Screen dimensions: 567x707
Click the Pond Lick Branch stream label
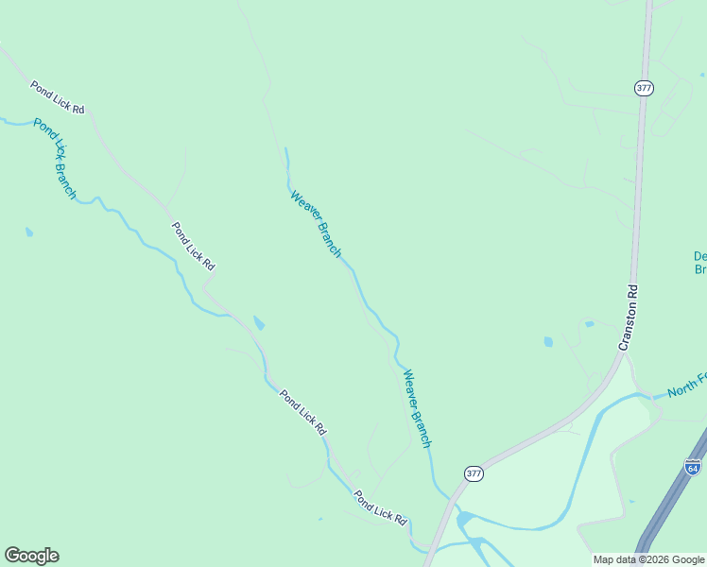tap(54, 158)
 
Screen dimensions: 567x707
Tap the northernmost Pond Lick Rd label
tap(57, 97)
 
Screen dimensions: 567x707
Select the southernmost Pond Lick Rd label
tap(380, 507)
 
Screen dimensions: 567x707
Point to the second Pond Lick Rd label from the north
tap(193, 247)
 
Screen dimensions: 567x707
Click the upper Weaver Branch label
tap(315, 224)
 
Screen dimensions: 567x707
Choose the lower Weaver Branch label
tap(417, 408)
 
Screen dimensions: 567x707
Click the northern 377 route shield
tap(644, 88)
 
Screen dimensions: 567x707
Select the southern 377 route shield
tap(474, 472)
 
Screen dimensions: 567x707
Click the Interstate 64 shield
tap(692, 467)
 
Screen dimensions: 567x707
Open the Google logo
tap(31, 556)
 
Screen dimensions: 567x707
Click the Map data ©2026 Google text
tap(648, 559)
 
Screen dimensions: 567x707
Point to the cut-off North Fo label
tap(686, 385)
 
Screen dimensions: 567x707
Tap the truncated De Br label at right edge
tap(700, 262)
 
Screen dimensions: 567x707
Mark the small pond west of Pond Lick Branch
tap(29, 232)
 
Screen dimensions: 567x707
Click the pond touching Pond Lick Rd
tap(258, 323)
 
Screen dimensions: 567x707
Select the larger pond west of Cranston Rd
tap(548, 341)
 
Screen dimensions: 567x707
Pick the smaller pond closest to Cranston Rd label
tap(589, 324)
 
